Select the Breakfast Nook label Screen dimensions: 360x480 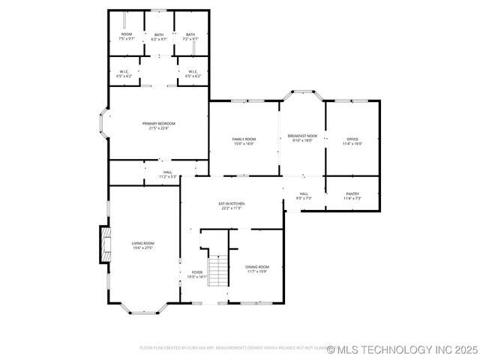click(302, 137)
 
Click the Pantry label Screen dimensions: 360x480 click(352, 196)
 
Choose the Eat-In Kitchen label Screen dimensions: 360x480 click(232, 205)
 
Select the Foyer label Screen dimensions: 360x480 click(197, 274)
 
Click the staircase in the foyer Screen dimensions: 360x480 click(217, 271)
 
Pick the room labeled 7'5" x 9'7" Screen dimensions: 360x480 click(127, 36)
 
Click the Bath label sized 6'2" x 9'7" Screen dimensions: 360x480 click(159, 36)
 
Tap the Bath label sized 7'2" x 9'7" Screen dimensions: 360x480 click(190, 36)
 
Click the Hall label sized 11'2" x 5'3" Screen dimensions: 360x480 click(167, 175)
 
